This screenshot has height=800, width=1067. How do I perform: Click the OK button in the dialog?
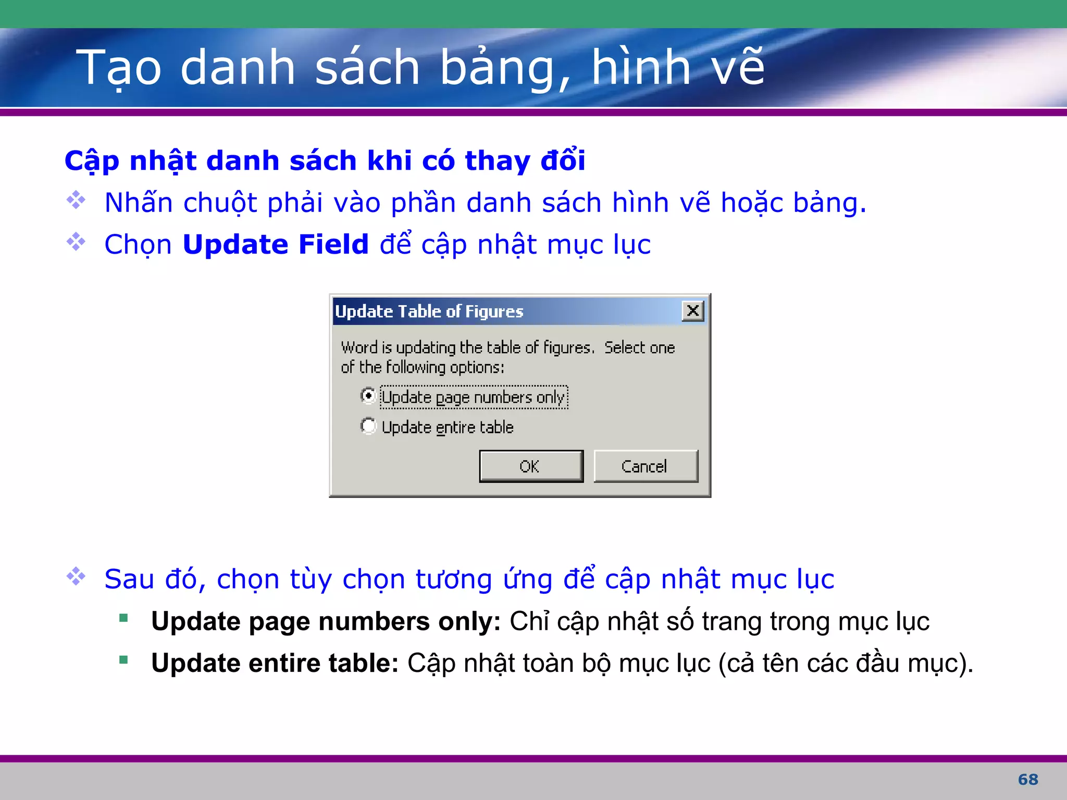pyautogui.click(x=531, y=466)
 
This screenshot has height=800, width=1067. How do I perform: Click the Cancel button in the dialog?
pyautogui.click(x=645, y=466)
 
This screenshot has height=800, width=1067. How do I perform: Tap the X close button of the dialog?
pyautogui.click(x=693, y=311)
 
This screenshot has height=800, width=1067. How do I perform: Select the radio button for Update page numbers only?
pyautogui.click(x=368, y=396)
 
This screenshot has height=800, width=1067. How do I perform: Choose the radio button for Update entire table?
pyautogui.click(x=368, y=426)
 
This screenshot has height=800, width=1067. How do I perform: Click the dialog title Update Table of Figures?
pyautogui.click(x=429, y=311)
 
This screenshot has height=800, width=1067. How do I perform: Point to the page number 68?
pyautogui.click(x=1028, y=780)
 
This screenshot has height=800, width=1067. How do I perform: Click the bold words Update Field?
pyautogui.click(x=276, y=244)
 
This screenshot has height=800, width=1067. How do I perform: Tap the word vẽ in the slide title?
pyautogui.click(x=738, y=68)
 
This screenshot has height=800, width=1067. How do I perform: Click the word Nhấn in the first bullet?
pyautogui.click(x=139, y=203)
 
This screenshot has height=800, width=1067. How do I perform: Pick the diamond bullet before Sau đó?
pyautogui.click(x=76, y=576)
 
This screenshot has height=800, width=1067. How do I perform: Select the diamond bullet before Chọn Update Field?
pyautogui.click(x=76, y=242)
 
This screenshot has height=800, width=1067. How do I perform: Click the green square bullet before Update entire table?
pyautogui.click(x=123, y=660)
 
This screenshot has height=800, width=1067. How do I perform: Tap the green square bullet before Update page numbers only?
pyautogui.click(x=123, y=618)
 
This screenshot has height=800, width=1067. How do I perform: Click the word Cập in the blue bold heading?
pyautogui.click(x=92, y=160)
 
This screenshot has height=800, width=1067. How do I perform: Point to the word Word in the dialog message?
pyautogui.click(x=359, y=347)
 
